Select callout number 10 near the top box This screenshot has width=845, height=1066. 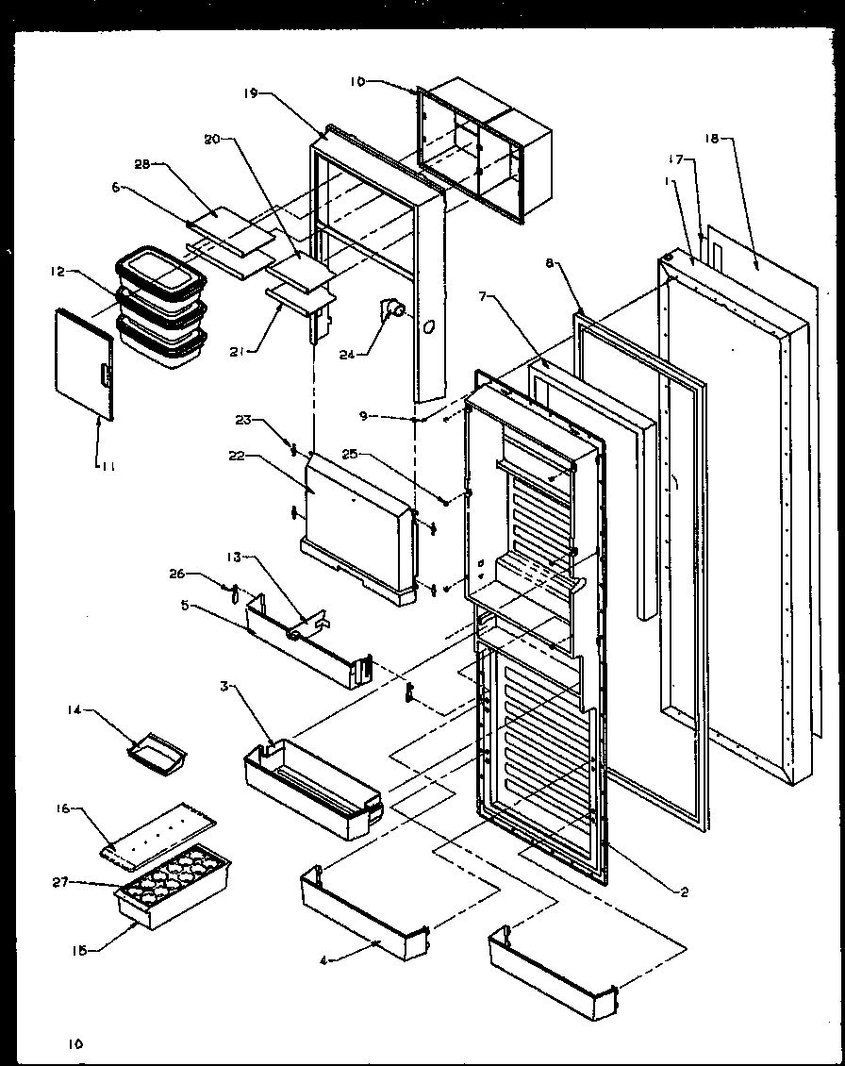(357, 82)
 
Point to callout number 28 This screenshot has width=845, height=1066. (142, 164)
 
